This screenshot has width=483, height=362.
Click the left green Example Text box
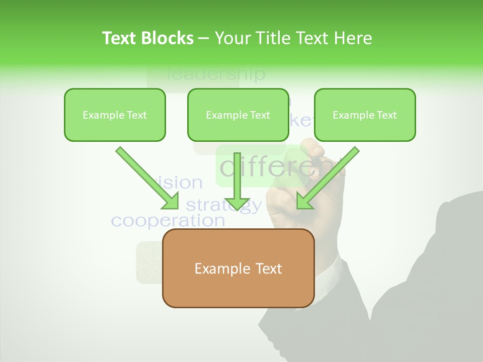coord(115,115)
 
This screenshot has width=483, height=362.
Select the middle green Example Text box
coord(238,115)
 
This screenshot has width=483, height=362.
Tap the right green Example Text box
coord(365,115)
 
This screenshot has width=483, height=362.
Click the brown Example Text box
coord(238,268)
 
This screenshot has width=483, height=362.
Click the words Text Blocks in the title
coord(147,38)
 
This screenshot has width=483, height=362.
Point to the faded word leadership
coord(215,74)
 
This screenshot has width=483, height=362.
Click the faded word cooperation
coord(168,220)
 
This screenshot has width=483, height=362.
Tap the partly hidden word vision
coord(181,182)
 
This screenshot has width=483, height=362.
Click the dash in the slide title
coord(204,38)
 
